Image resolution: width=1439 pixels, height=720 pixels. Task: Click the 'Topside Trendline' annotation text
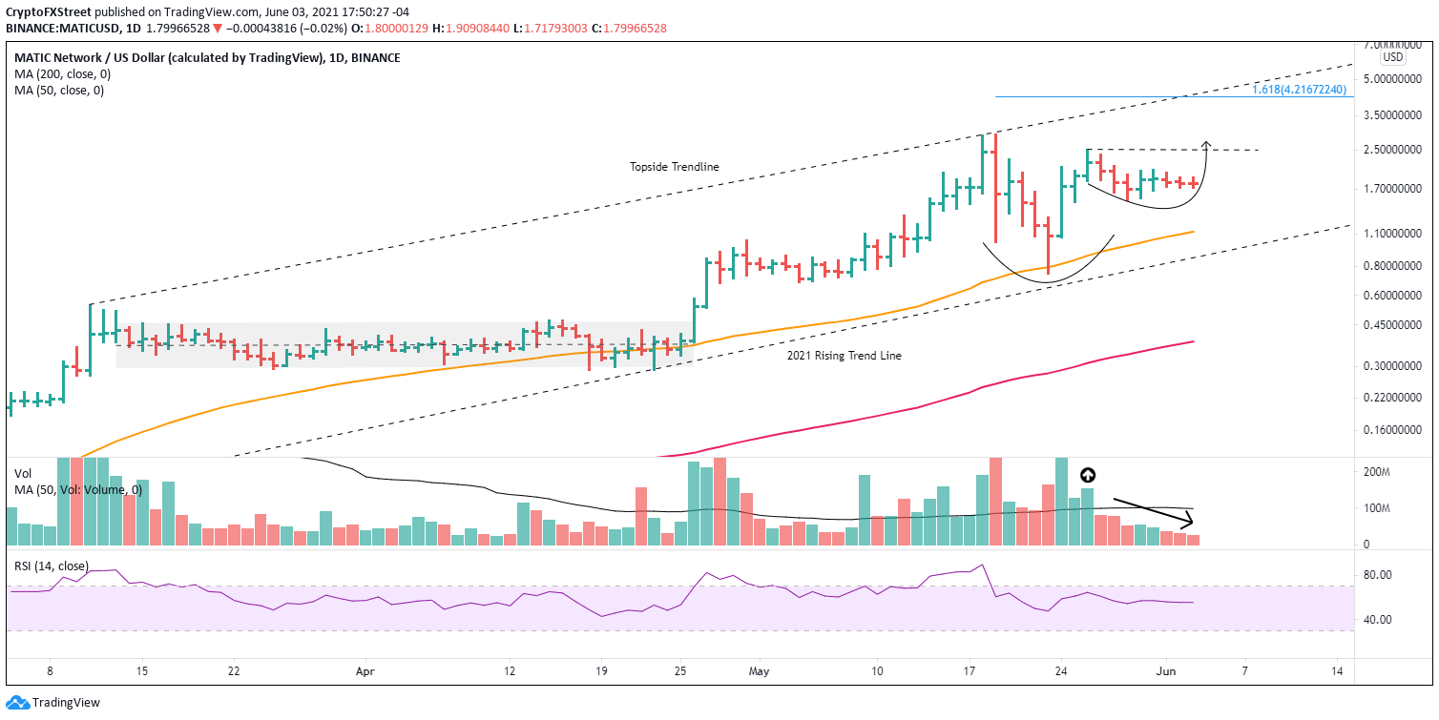tap(674, 167)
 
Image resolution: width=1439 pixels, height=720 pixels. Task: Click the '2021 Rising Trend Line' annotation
tap(845, 356)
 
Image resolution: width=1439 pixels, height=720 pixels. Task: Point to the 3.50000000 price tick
tap(1387, 114)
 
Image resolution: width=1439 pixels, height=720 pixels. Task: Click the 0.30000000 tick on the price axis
tap(1387, 366)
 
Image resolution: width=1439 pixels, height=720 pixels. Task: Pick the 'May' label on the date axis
tap(760, 670)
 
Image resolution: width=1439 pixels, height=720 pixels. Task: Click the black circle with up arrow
tap(1087, 475)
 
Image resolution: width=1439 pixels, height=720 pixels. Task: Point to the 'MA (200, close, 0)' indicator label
tap(58, 74)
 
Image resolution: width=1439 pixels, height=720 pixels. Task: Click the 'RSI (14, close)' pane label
tap(52, 566)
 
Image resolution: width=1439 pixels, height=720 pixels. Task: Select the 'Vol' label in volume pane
tap(23, 473)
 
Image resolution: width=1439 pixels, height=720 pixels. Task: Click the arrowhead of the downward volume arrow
tap(1190, 523)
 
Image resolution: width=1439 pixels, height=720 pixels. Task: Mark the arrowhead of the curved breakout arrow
tap(1206, 144)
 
